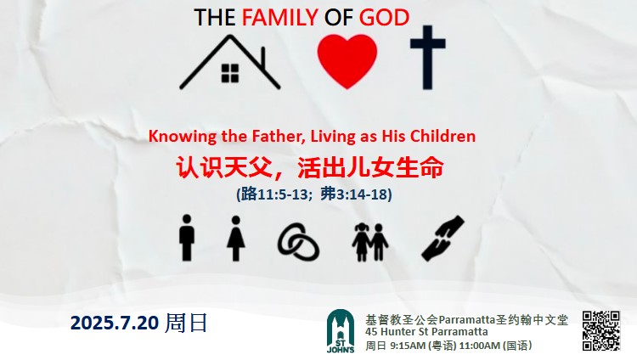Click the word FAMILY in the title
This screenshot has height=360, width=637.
279,18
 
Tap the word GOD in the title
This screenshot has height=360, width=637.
384,18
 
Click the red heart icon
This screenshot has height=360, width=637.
347,61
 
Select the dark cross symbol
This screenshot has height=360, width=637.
428,58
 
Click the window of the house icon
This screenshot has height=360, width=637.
230,73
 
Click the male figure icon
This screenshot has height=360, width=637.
187,238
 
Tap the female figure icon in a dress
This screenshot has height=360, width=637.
235,239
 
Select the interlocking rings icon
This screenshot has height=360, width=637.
298,242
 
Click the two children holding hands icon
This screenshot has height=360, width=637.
370,242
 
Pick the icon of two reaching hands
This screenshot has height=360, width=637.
443,239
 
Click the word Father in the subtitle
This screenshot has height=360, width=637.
279,136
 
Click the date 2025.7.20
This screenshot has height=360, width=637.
114,323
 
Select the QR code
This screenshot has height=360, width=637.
600,331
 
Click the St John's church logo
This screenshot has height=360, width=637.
341,331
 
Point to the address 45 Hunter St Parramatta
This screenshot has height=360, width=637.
426,332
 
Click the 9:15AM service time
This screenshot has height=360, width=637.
406,346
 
